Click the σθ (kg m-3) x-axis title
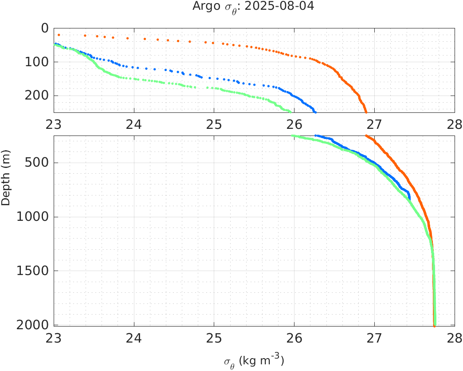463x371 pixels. click(x=254, y=360)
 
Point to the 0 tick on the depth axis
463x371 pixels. click(x=45, y=28)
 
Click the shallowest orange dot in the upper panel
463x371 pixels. click(x=59, y=35)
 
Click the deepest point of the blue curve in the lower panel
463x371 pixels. click(x=409, y=199)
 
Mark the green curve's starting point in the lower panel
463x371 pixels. click(x=292, y=136)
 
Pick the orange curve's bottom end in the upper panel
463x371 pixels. click(x=366, y=112)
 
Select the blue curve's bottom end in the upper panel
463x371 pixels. click(x=315, y=112)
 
